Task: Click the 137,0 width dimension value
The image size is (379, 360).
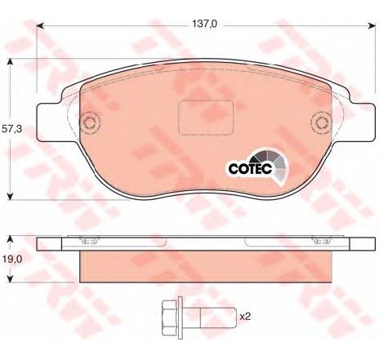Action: point(204,24)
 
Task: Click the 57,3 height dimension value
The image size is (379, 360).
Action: point(11,129)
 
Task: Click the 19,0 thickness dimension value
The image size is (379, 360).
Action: point(12,260)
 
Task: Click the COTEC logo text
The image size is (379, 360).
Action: point(250,168)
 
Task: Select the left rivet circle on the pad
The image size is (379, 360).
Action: point(91,123)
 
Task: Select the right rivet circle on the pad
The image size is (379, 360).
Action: point(322,123)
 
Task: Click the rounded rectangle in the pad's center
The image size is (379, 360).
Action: point(206,118)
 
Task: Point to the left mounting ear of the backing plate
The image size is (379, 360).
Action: point(50,122)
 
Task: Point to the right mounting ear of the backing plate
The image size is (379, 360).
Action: point(362,122)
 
